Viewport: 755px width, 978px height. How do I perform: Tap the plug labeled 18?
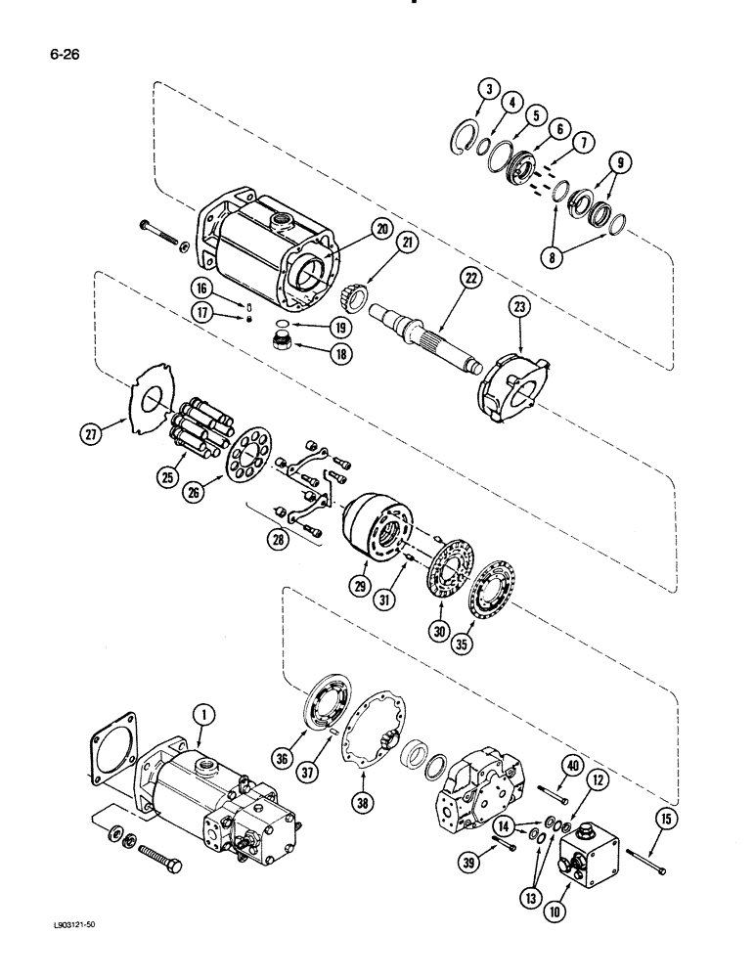coord(283,344)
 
